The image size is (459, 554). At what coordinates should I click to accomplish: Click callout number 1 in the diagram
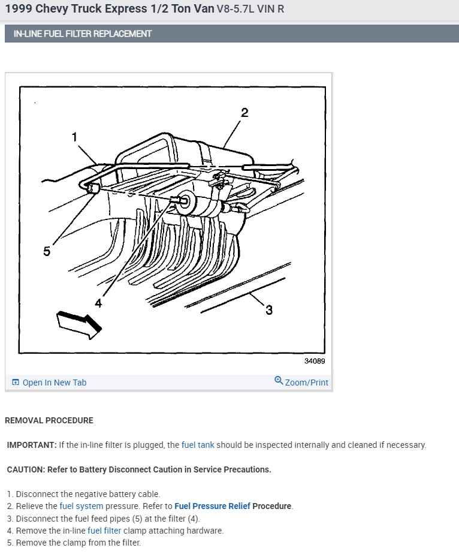pyautogui.click(x=74, y=137)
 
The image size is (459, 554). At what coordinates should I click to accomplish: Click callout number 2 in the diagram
pyautogui.click(x=244, y=113)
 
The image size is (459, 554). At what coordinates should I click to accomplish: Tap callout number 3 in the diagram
pyautogui.click(x=269, y=310)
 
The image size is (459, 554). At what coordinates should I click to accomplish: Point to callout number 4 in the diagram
pyautogui.click(x=98, y=303)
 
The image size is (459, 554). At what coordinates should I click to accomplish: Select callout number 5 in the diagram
pyautogui.click(x=47, y=251)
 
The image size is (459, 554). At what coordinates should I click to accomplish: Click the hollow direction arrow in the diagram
pyautogui.click(x=79, y=325)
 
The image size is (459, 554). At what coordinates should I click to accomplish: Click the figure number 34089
pyautogui.click(x=315, y=361)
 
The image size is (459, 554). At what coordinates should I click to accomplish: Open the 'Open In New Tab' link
pyautogui.click(x=55, y=383)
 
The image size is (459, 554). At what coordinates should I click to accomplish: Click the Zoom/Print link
pyautogui.click(x=306, y=383)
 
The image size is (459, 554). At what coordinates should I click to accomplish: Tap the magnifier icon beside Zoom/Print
pyautogui.click(x=279, y=381)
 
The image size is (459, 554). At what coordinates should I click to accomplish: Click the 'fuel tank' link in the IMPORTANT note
pyautogui.click(x=198, y=445)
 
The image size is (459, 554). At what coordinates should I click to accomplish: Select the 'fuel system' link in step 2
pyautogui.click(x=81, y=506)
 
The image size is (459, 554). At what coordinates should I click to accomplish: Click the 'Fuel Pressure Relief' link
pyautogui.click(x=212, y=506)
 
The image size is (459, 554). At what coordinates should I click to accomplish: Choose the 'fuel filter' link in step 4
pyautogui.click(x=104, y=531)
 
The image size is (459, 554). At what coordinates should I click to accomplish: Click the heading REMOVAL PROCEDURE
pyautogui.click(x=49, y=420)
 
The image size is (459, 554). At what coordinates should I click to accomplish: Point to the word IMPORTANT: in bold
pyautogui.click(x=32, y=445)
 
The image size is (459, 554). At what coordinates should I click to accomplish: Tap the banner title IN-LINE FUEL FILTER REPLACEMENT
pyautogui.click(x=83, y=34)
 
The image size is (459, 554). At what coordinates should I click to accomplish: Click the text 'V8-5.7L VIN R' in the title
pyautogui.click(x=250, y=9)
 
